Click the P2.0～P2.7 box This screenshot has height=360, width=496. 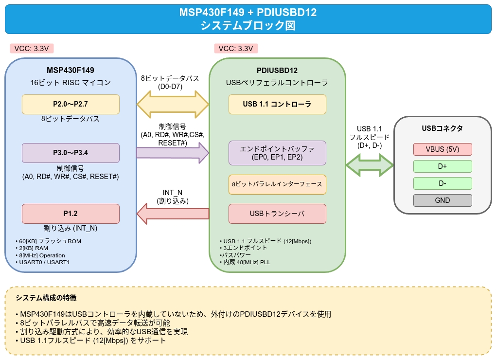[x=71, y=104]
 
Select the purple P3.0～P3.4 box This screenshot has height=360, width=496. [x=71, y=153]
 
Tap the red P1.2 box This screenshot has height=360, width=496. [x=71, y=214]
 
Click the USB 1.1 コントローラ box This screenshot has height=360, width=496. [x=277, y=104]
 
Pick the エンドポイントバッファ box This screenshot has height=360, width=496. [x=277, y=153]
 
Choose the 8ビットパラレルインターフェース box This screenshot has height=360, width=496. [x=277, y=184]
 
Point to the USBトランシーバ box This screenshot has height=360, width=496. [x=277, y=214]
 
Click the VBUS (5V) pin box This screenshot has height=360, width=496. [x=443, y=149]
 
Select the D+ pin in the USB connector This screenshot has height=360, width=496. [x=443, y=166]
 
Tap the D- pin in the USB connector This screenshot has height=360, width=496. [x=443, y=183]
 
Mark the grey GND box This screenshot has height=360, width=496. [x=443, y=200]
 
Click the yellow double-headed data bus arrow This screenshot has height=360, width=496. [x=173, y=104]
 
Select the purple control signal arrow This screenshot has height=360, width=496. [x=173, y=153]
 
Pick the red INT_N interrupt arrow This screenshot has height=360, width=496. [x=173, y=214]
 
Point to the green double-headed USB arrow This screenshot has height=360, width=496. [x=370, y=165]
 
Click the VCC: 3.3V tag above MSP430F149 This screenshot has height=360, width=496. [x=32, y=49]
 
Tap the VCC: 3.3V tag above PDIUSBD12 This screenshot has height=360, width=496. [x=236, y=49]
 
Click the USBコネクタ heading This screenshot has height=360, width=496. [x=442, y=128]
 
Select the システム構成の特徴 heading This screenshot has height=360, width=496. [x=46, y=298]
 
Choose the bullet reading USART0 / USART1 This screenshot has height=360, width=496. [x=44, y=262]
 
